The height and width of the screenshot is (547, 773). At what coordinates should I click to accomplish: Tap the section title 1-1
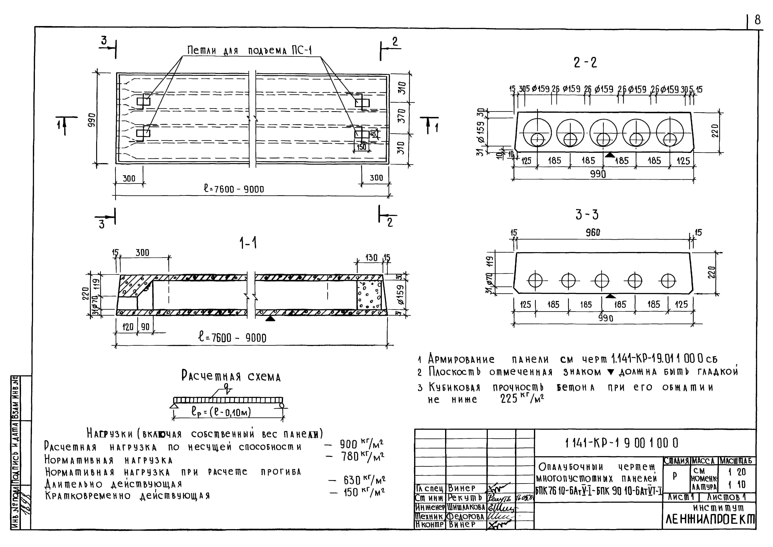(x=248, y=242)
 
